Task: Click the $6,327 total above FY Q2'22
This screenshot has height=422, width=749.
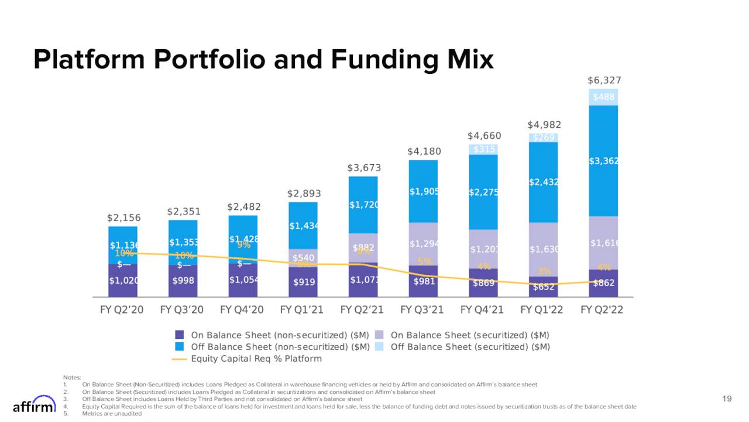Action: (x=603, y=80)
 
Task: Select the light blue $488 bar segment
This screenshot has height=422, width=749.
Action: (x=603, y=97)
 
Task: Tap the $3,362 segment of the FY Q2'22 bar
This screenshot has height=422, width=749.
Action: (x=603, y=161)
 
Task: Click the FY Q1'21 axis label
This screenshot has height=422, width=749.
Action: (x=303, y=309)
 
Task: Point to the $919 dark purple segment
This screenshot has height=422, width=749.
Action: (x=303, y=282)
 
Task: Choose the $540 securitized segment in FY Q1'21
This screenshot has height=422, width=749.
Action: (x=303, y=257)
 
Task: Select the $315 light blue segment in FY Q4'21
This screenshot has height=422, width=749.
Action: (x=483, y=149)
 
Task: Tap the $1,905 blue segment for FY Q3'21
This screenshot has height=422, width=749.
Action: (x=423, y=192)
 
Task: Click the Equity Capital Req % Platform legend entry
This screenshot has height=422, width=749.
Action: (x=256, y=358)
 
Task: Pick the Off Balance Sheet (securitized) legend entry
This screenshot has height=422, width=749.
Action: (x=470, y=346)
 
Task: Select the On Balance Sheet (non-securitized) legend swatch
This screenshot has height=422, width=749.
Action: (x=180, y=335)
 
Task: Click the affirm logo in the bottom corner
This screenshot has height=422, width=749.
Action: (x=35, y=405)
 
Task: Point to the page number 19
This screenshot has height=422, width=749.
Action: (x=727, y=399)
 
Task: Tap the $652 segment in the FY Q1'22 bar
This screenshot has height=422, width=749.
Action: (x=544, y=287)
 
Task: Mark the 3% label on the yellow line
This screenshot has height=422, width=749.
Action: (x=544, y=271)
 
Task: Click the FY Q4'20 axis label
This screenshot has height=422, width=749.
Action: (x=242, y=309)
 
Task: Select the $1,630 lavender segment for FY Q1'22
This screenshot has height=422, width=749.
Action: (x=544, y=249)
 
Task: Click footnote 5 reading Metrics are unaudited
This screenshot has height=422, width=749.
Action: (x=112, y=413)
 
